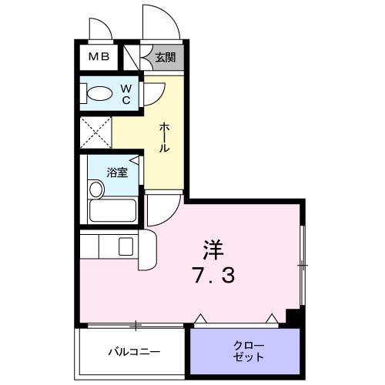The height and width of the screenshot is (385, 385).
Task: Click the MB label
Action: pyautogui.click(x=98, y=56)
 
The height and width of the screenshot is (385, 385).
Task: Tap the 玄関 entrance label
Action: pyautogui.click(x=165, y=56)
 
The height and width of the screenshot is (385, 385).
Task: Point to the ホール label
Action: pyautogui.click(x=164, y=137)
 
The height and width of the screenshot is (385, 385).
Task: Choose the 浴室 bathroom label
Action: pyautogui.click(x=118, y=172)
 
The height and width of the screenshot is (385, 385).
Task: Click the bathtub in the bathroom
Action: pyautogui.click(x=112, y=209)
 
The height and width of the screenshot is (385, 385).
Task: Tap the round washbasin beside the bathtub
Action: pyautogui.click(x=96, y=189)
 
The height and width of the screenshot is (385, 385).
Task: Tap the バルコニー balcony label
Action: pyautogui.click(x=133, y=352)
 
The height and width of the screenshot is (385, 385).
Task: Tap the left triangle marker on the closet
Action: pyautogui.click(x=199, y=317)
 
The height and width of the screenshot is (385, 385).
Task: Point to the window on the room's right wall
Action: pyautogui.click(x=303, y=265)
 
